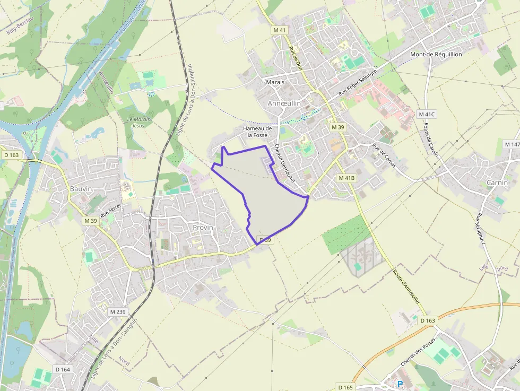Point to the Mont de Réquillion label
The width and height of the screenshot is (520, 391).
(x=436, y=54)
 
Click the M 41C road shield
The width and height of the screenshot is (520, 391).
(x=426, y=114)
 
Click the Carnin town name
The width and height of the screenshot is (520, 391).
(x=497, y=183)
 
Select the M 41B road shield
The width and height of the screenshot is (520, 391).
(x=346, y=178)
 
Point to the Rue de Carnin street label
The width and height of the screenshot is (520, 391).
(x=384, y=155)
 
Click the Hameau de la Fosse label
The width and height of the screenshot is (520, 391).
(x=257, y=132)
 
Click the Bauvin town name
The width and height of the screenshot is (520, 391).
(x=81, y=188)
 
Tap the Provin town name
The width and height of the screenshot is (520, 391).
(x=203, y=227)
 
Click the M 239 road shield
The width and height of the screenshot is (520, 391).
(x=117, y=311)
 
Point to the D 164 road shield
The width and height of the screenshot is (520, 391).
(x=62, y=369)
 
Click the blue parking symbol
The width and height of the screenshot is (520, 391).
(x=400, y=384)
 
